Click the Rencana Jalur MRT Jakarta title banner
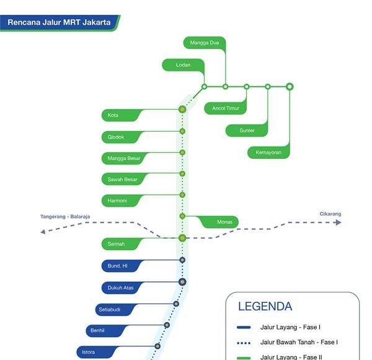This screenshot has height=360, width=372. click(x=60, y=22)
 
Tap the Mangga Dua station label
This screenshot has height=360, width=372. click(x=204, y=43)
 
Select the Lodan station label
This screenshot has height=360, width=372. click(x=183, y=65)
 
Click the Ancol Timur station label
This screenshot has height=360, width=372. click(x=225, y=109)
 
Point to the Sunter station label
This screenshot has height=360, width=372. click(x=247, y=130)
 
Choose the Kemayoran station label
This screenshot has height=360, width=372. click(x=268, y=152)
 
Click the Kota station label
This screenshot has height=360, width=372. click(x=121, y=115)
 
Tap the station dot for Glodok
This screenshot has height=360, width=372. click(x=182, y=132)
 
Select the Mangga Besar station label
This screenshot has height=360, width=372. click(x=124, y=158)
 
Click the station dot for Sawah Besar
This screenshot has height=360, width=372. click(x=182, y=174)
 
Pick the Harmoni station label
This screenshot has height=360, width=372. click(x=121, y=200)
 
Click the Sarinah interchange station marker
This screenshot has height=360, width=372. click(x=182, y=238)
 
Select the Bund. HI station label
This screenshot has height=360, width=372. click(x=121, y=266)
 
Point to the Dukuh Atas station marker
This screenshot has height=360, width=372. click(x=182, y=282)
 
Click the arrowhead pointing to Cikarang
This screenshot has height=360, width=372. click(x=338, y=222)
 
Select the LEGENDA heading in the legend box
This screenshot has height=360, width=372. click(x=265, y=307)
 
